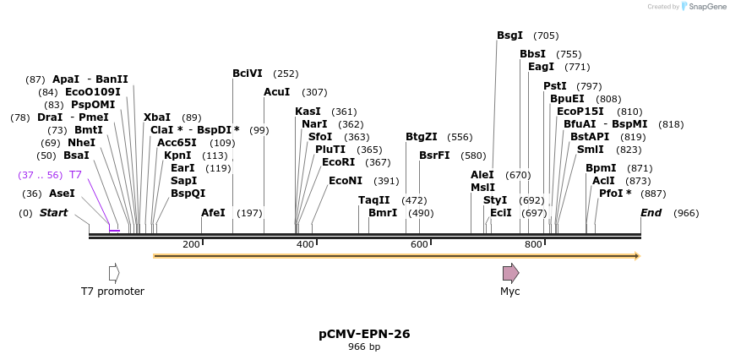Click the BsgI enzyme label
pos(509,35)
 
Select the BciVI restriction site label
pos(248,74)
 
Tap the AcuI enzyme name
pos(276,92)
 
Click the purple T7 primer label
pos(75,175)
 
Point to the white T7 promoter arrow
pos(114,273)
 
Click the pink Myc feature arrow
pos(510,273)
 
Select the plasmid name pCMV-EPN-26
pos(364,334)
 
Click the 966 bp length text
pos(364,347)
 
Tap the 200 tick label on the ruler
pos(191,245)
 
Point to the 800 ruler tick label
pos(533,245)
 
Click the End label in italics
pos(651,213)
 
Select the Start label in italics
pos(53,213)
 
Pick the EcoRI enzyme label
pos(338,162)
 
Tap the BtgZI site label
pos(422,137)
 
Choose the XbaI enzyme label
pos(156,117)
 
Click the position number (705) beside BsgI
pos(546,35)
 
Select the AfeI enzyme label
pos(213,213)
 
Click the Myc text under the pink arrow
pos(510,292)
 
